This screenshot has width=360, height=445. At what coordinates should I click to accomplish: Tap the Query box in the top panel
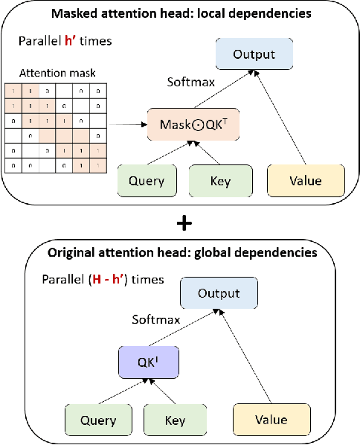tap(146, 180)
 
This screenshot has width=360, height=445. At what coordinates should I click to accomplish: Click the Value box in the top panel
tap(306, 180)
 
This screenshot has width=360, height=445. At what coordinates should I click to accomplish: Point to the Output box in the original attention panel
tap(219, 293)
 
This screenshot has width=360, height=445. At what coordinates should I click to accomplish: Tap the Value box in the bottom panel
tap(270, 419)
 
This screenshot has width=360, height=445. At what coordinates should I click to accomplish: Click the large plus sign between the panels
tap(180, 222)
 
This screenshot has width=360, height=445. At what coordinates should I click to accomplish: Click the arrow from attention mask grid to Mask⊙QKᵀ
tap(129, 125)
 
